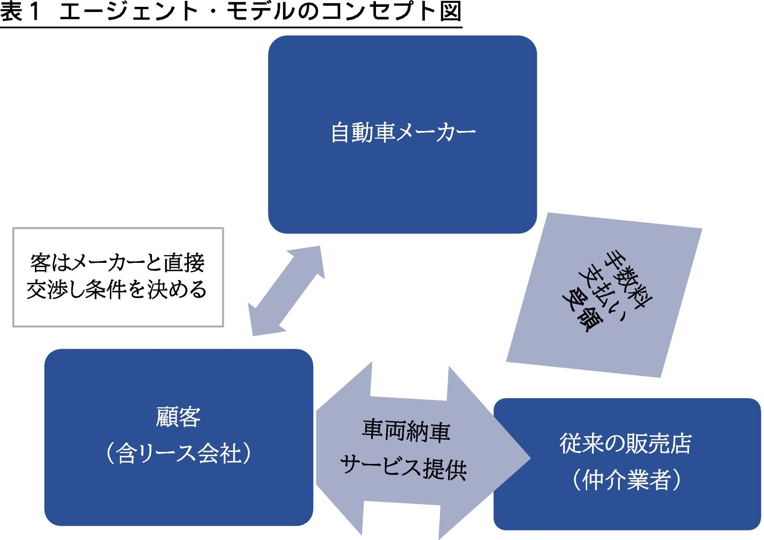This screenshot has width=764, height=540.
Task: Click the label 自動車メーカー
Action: click(x=403, y=133)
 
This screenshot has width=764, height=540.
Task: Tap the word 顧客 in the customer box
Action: click(x=178, y=417)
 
